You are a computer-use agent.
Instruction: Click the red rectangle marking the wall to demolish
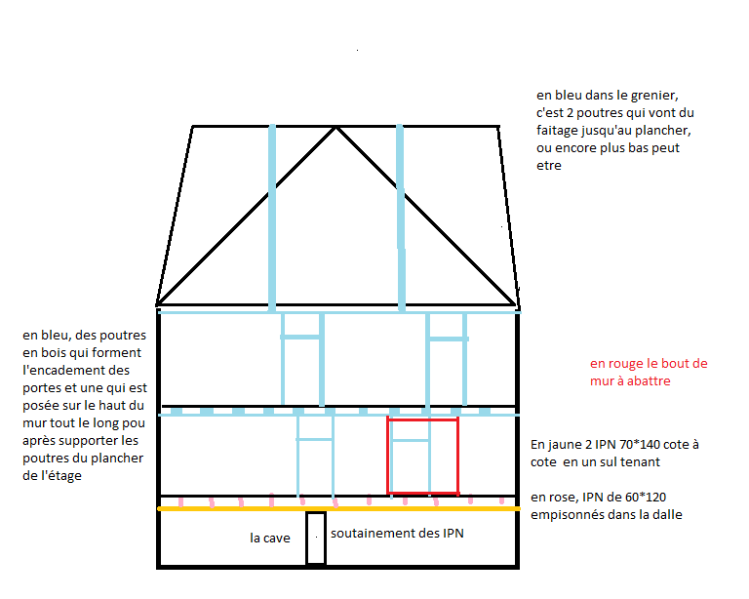click(423, 419)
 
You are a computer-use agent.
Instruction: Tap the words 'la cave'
click(270, 538)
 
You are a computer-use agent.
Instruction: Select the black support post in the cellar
click(316, 538)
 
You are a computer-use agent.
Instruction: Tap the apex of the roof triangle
click(336, 127)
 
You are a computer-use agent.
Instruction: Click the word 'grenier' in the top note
click(649, 96)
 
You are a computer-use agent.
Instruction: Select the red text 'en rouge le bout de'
click(649, 364)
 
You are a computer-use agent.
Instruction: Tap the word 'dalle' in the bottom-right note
click(664, 514)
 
